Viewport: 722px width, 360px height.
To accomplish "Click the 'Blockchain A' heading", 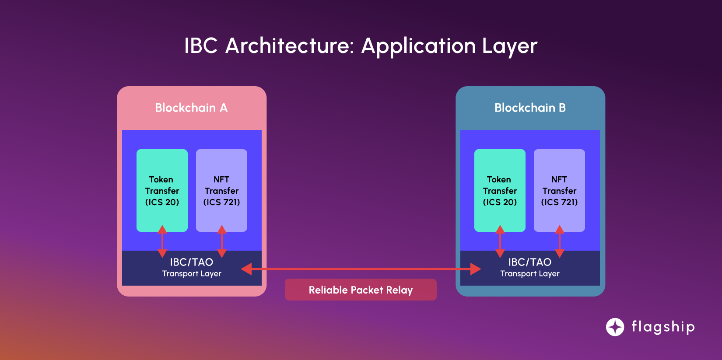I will (x=191, y=108).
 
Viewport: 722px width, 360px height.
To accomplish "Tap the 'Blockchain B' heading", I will (x=530, y=108).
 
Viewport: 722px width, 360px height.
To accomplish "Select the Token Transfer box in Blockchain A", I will (x=162, y=190).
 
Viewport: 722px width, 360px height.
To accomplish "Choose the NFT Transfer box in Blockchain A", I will (x=221, y=190).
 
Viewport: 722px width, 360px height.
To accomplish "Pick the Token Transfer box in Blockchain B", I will (x=500, y=190).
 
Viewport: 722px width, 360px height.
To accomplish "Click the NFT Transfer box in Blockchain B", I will (x=559, y=190).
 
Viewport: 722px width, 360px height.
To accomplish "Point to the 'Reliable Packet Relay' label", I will (x=361, y=290).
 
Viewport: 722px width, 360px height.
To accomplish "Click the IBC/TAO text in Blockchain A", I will (x=192, y=262).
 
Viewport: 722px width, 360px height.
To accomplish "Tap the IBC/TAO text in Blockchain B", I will (x=530, y=262).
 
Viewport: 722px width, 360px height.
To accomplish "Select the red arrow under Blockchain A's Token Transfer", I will (x=162, y=241).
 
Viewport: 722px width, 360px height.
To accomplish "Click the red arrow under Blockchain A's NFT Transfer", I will (x=222, y=241).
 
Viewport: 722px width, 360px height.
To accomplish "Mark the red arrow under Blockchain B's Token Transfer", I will (x=500, y=241).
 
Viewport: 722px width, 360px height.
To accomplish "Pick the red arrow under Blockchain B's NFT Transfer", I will (x=560, y=241).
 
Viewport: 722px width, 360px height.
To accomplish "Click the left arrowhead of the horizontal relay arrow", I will (x=247, y=269).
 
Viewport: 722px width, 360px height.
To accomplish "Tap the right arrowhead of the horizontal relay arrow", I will (x=476, y=269).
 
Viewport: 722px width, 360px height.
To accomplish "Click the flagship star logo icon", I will (x=615, y=327).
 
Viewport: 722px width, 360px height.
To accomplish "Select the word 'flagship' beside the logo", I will (x=663, y=327).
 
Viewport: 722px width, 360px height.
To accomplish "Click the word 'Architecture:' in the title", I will (x=289, y=46).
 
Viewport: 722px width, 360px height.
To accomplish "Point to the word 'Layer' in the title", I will (x=509, y=46).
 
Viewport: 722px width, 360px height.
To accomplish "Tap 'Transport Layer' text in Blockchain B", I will (x=530, y=274).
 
